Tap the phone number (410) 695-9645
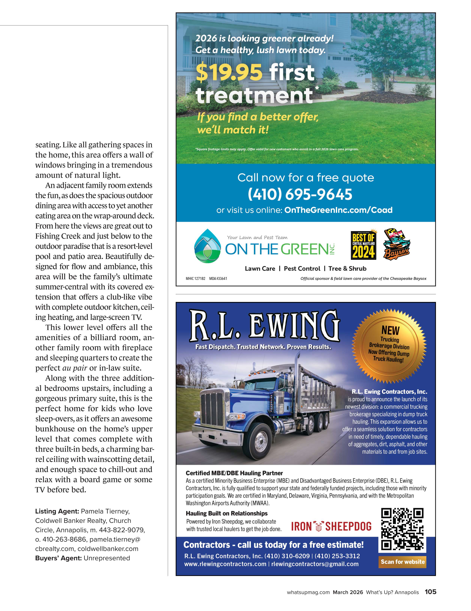point(300,194)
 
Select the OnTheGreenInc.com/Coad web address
point(338,210)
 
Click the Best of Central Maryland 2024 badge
point(363,246)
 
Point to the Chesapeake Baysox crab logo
point(396,244)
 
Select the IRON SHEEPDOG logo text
point(331,527)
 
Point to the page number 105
point(430,592)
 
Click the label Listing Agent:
point(57,511)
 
